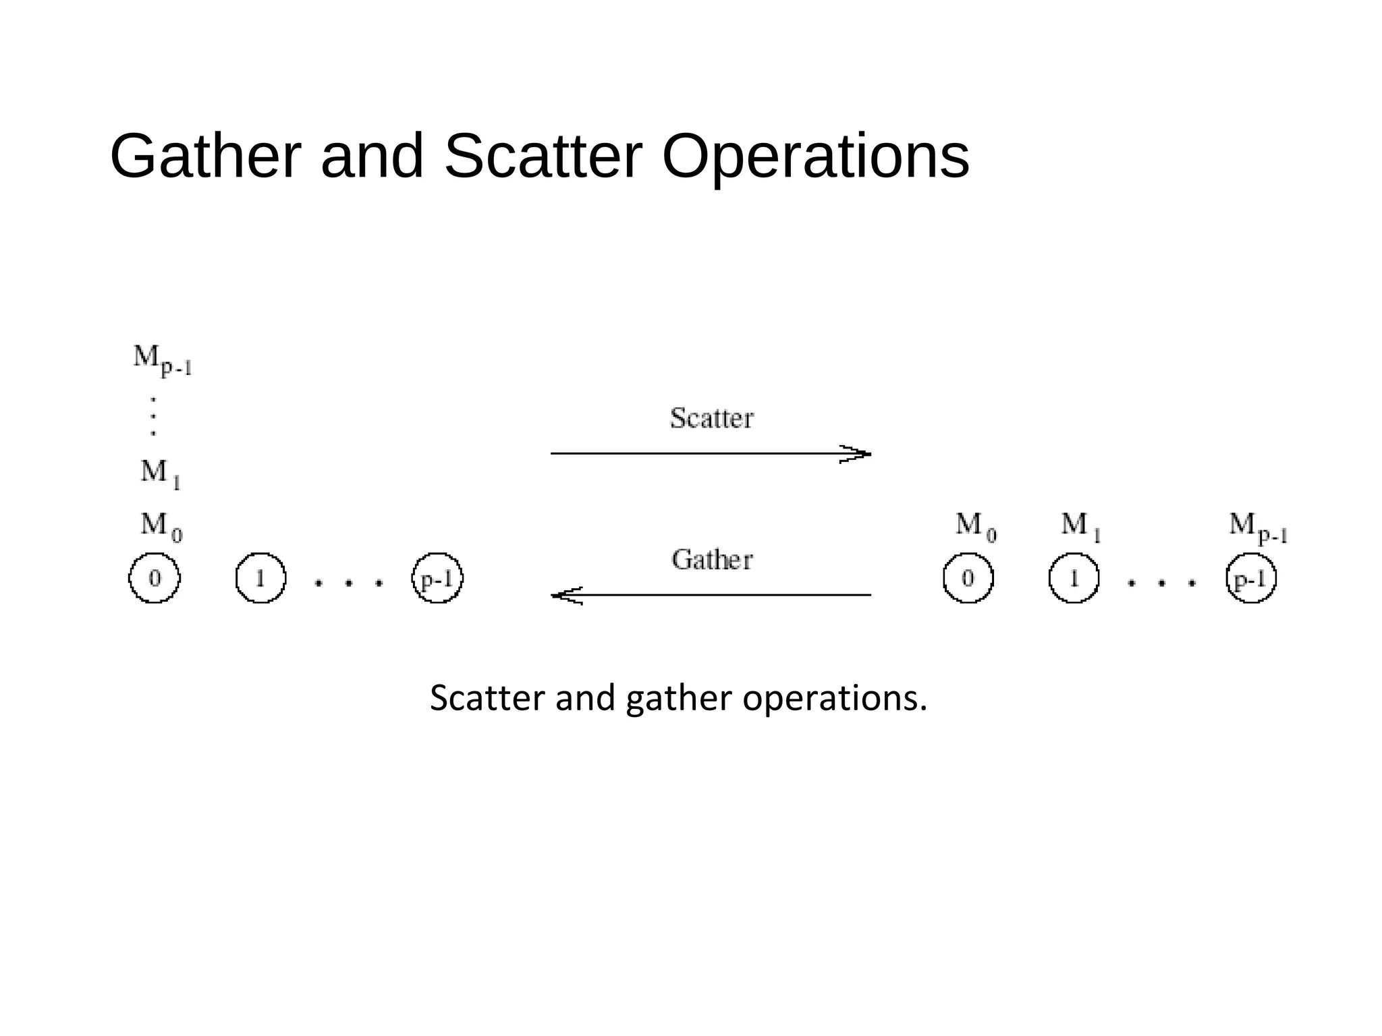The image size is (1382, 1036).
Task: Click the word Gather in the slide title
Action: pos(205,156)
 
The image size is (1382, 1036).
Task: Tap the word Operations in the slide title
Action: pos(815,158)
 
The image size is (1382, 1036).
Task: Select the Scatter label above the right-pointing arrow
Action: pos(711,418)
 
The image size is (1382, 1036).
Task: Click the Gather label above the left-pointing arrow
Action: pos(712,560)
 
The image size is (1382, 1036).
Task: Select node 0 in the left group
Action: pos(155,578)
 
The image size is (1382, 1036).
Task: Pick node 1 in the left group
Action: pos(260,578)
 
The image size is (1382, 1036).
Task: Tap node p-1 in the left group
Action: pos(437,578)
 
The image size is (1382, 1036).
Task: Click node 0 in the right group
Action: pos(968,578)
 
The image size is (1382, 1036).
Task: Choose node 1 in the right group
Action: pos(1074,578)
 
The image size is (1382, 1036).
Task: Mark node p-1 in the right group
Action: pos(1251,578)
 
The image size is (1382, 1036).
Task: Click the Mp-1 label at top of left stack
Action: pos(162,359)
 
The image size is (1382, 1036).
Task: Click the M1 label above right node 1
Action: pos(1080,525)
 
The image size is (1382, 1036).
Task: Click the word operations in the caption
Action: pos(835,699)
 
